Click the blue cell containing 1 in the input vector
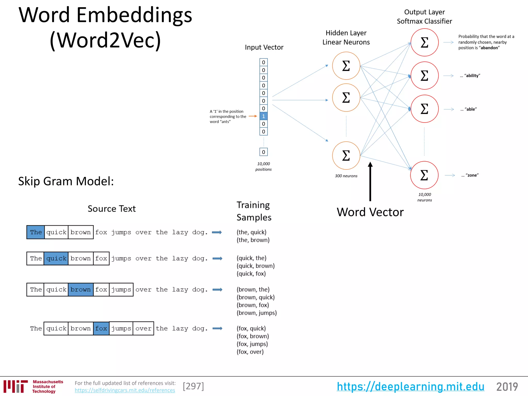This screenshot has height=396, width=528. (263, 116)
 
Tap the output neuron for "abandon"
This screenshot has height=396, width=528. (424, 42)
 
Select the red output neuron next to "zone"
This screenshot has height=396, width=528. (424, 175)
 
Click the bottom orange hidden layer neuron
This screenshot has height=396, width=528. (346, 155)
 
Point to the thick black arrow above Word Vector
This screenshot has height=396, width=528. (370, 182)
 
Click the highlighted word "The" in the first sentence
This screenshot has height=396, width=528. (36, 232)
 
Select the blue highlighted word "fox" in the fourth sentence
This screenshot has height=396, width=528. (101, 328)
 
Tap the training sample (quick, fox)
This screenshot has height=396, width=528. (251, 274)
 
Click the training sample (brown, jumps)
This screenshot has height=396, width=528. (257, 313)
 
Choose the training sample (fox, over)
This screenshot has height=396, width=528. (250, 352)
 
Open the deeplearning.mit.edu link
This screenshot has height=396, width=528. (410, 386)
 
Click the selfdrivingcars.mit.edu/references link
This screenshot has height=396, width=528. (125, 390)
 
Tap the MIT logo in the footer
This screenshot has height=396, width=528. (16, 386)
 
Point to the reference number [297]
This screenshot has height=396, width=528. (193, 386)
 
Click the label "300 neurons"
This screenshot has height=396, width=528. (346, 176)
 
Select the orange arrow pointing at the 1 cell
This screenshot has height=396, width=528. (253, 116)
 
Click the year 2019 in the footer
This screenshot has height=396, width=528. (507, 387)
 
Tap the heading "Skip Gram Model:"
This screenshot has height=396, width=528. (66, 181)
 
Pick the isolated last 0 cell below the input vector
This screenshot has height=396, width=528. (263, 152)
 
